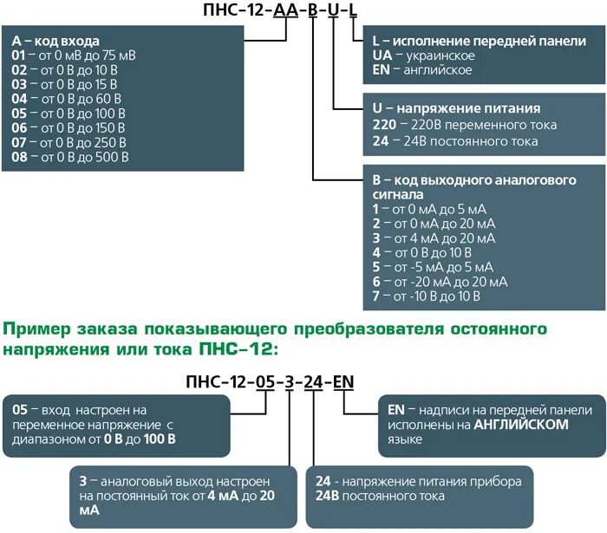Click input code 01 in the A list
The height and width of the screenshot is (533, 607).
point(18,55)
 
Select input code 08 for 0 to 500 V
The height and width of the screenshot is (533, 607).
point(19,158)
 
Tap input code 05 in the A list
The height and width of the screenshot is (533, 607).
point(19,114)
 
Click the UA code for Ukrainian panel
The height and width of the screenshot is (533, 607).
point(381,55)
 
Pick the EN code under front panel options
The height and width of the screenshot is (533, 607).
point(381,70)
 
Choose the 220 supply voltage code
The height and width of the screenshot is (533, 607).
point(384,125)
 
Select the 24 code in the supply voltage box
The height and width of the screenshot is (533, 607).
point(379,140)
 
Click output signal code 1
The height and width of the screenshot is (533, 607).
point(375,209)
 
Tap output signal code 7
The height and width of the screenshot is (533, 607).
point(375,296)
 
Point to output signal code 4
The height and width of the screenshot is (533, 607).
point(375,252)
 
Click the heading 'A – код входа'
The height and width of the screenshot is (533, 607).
point(55,41)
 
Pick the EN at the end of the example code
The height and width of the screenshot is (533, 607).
point(343,382)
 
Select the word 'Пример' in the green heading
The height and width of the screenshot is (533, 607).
point(37,330)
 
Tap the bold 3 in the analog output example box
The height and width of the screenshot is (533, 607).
point(82,481)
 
